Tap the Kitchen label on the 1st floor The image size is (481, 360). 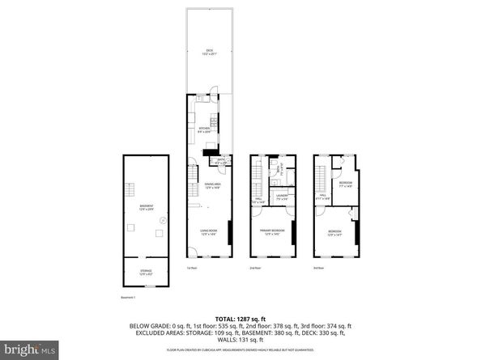click(204, 129)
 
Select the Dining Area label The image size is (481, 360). click(211, 185)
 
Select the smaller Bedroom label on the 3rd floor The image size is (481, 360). click(345, 184)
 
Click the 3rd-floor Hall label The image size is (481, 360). click(321, 196)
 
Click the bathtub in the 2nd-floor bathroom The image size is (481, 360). click(273, 172)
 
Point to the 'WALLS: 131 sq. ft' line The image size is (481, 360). click(240, 341)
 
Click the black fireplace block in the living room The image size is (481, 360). click(231, 235)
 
